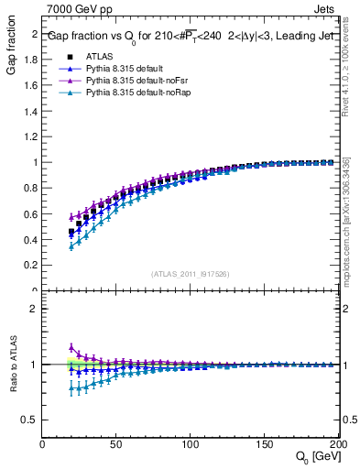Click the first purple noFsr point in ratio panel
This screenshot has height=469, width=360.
click(x=71, y=347)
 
